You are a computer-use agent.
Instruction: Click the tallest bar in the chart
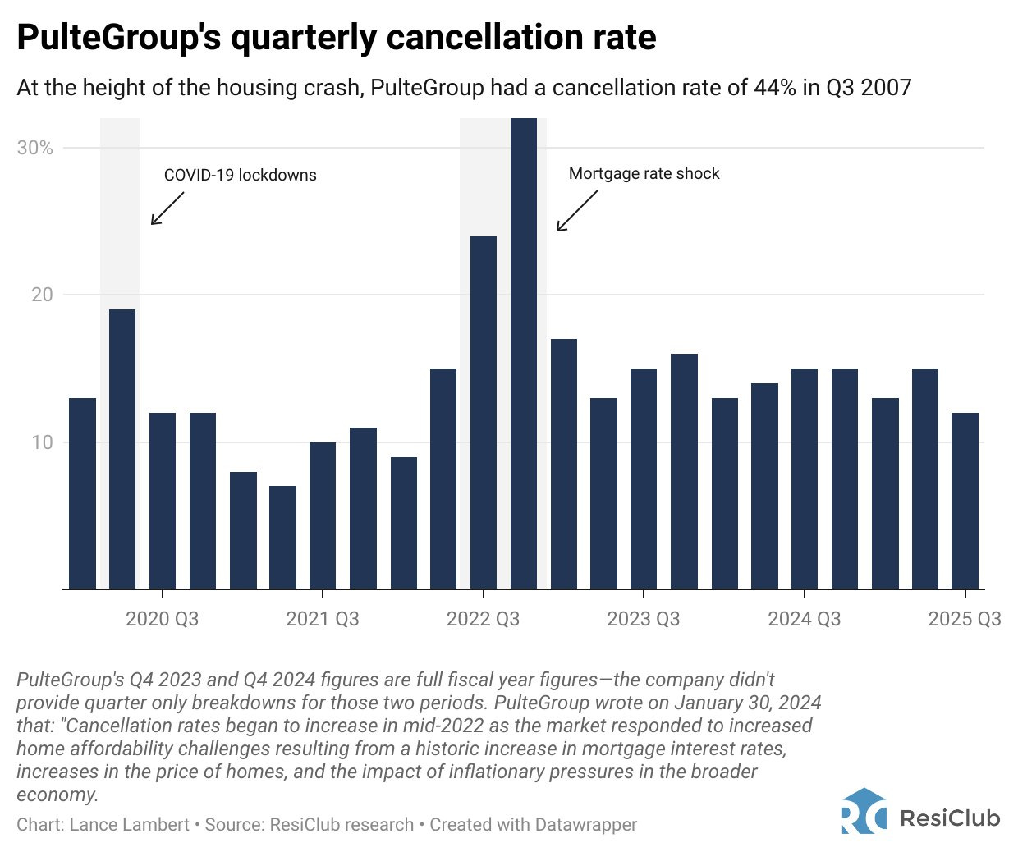524,353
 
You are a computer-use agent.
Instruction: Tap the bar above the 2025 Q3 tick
965,501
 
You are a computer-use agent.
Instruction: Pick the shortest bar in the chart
282,538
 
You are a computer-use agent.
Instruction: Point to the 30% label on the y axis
34,148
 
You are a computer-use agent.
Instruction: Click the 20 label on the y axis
42,295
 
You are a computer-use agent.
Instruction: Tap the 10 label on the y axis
42,442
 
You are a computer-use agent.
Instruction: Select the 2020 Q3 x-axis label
162,619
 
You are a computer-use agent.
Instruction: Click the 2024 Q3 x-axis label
804,619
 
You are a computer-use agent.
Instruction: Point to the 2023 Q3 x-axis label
644,619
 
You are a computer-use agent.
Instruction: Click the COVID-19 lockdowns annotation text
240,175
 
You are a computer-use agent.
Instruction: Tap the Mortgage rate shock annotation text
644,174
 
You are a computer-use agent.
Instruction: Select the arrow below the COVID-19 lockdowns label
167,208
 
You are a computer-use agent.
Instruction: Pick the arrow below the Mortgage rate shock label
576,212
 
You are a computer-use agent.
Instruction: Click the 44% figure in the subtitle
774,88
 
